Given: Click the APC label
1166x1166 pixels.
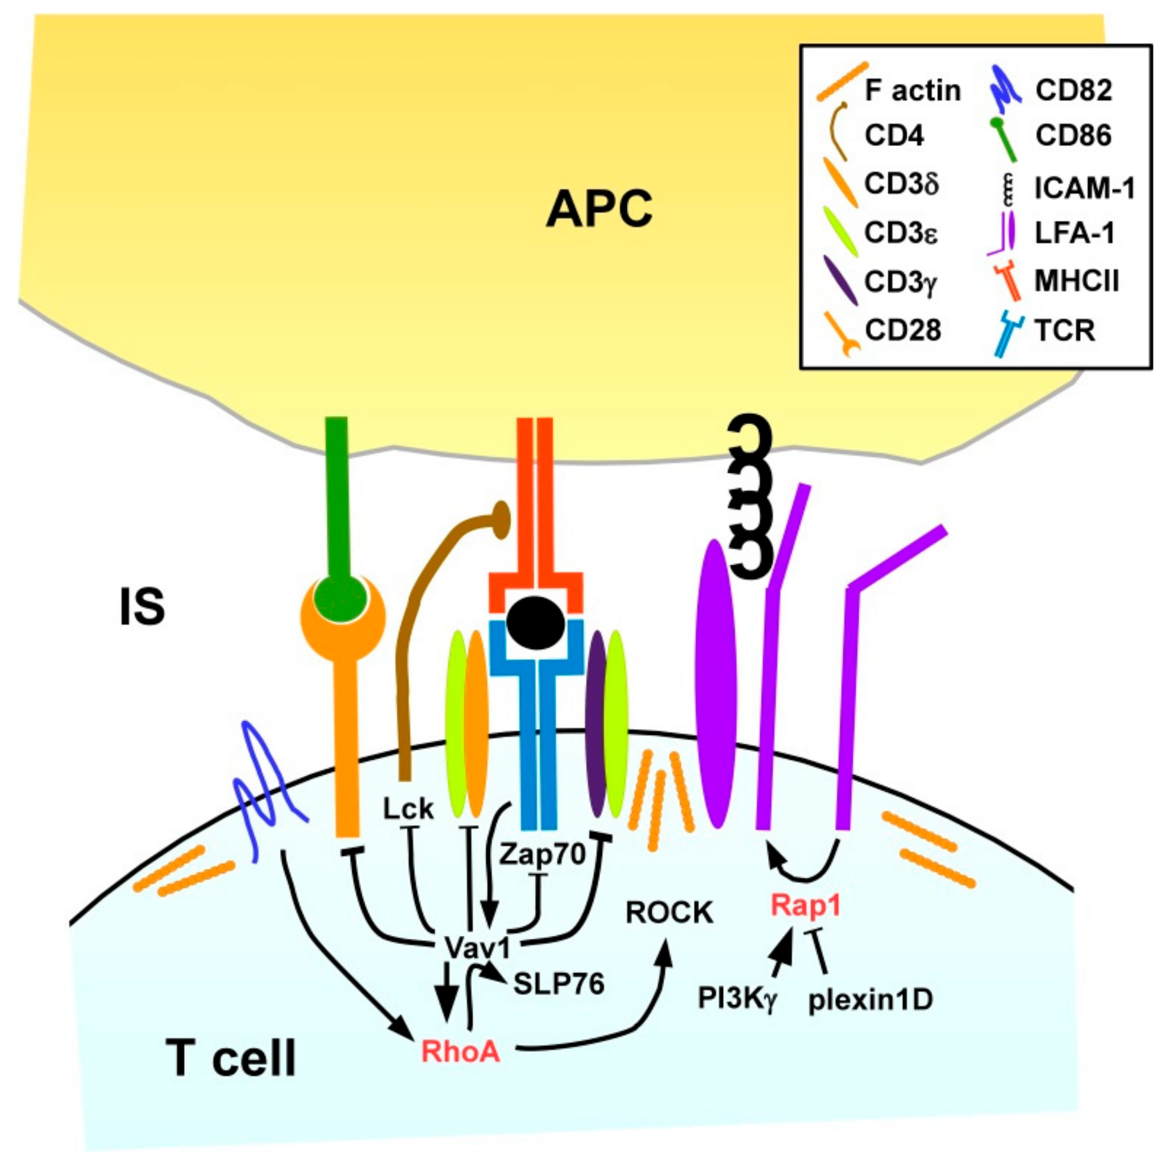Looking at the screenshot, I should (x=599, y=209).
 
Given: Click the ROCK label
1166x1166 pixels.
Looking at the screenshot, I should (x=669, y=913).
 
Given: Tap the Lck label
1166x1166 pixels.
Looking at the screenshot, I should (x=408, y=809).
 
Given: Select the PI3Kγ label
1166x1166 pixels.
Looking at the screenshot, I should (x=736, y=998).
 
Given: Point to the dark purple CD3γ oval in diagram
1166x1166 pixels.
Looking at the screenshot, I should (x=597, y=724).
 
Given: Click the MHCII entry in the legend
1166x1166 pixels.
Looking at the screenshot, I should (x=1076, y=281).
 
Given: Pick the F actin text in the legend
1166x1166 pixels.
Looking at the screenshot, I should (x=912, y=90).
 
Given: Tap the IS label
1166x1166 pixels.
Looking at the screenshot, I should (x=143, y=607).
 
